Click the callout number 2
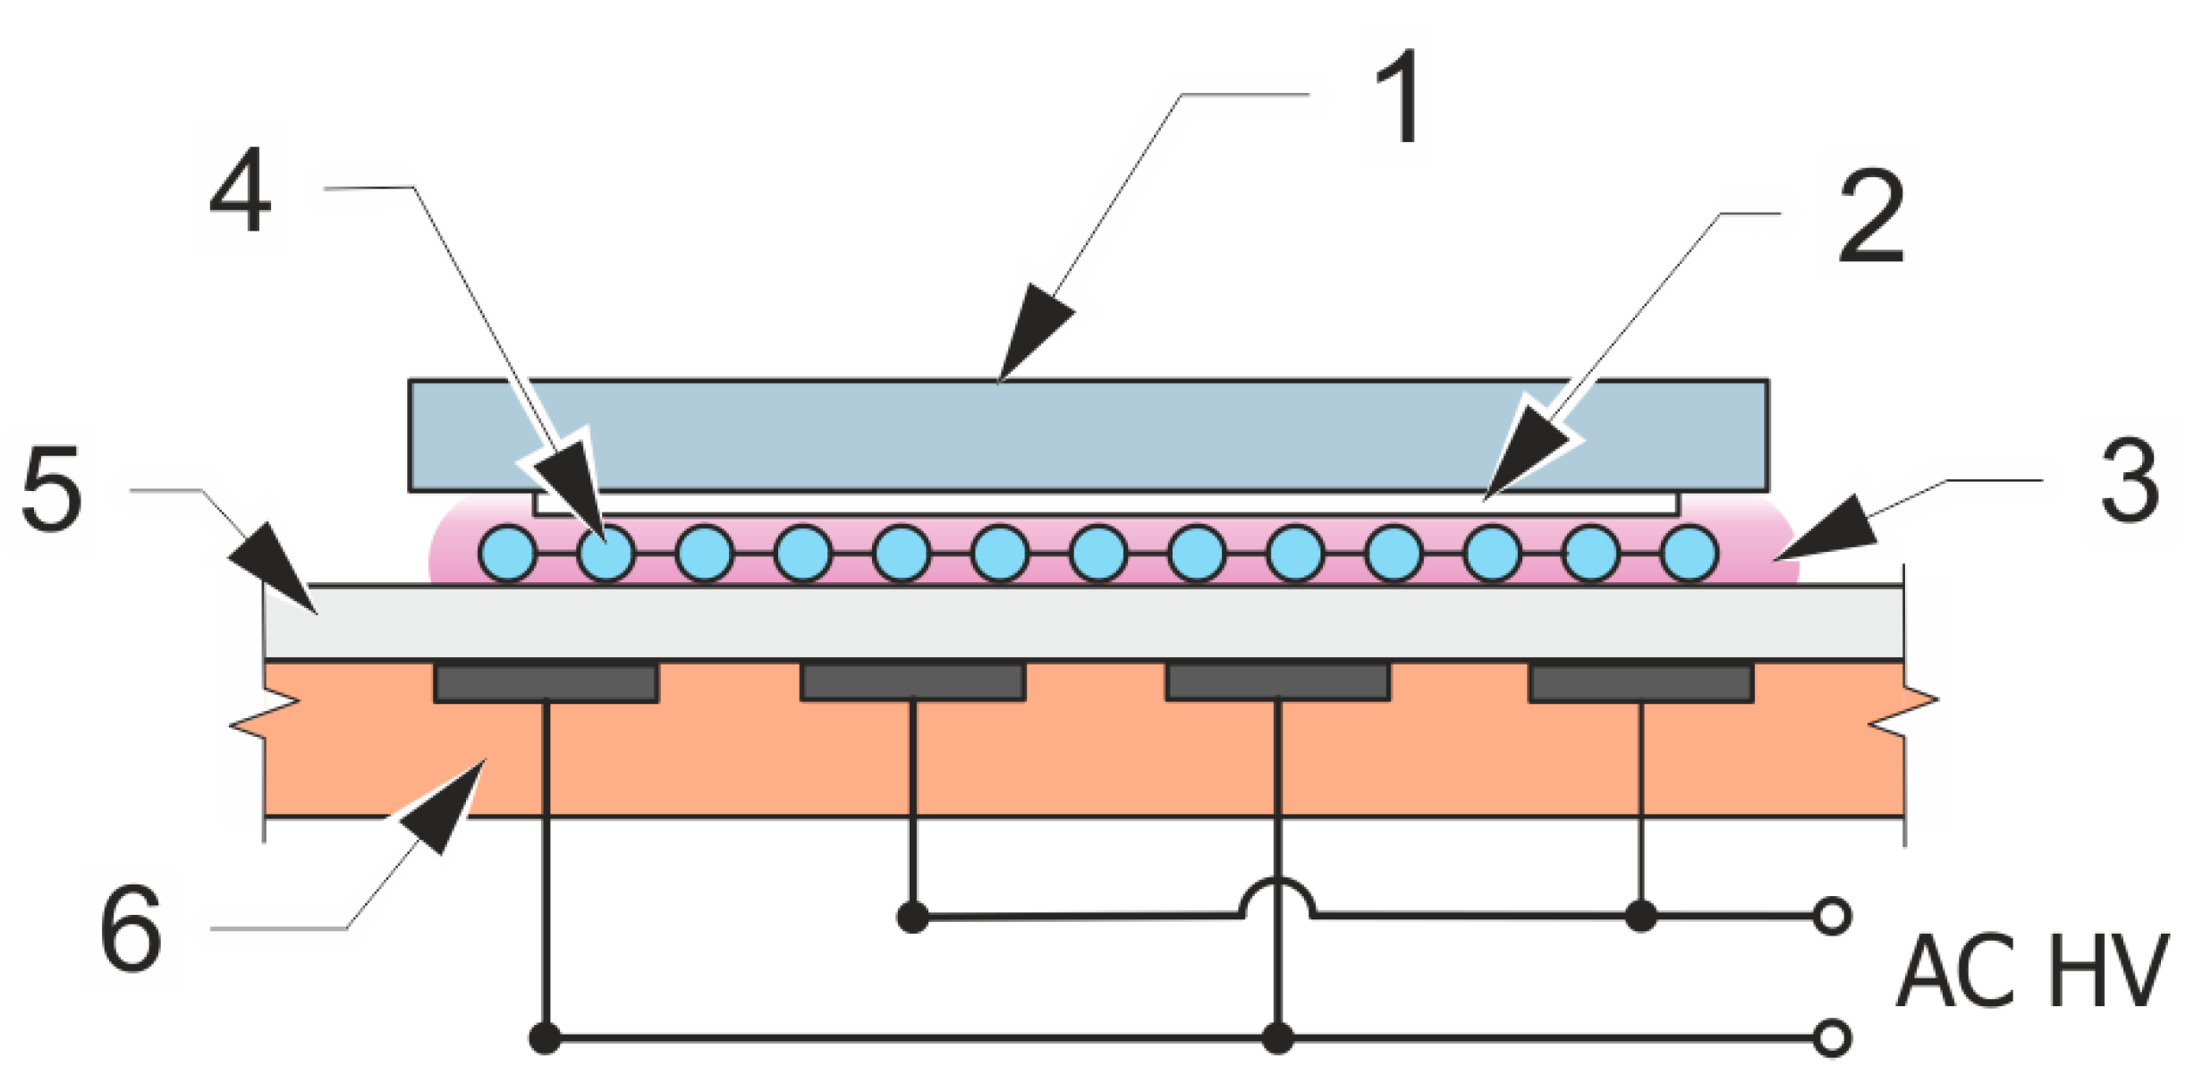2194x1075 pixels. [1871, 218]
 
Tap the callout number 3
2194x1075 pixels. [2130, 481]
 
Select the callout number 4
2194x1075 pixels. [239, 190]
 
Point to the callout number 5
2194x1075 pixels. [51, 489]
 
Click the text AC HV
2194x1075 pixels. [2030, 972]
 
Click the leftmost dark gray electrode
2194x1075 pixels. [546, 683]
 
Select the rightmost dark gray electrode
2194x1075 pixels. [1640, 683]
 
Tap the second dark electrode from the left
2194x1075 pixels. [912, 683]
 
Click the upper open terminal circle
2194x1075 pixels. [1833, 917]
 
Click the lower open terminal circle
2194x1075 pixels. [1833, 1038]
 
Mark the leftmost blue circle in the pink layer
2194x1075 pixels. [508, 554]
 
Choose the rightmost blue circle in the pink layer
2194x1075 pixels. [1690, 554]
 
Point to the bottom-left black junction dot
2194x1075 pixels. [545, 1038]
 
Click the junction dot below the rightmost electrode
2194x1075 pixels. [1640, 917]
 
